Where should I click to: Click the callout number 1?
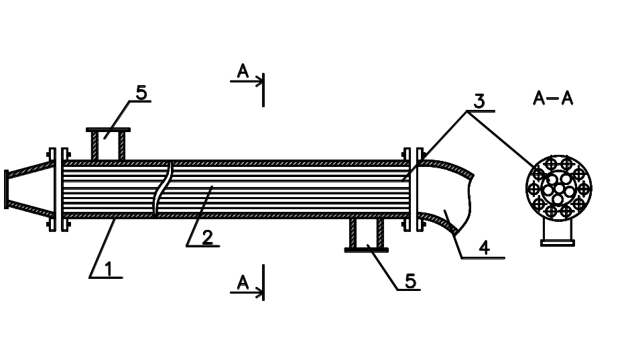click(109, 269)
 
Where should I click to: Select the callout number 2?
click(207, 238)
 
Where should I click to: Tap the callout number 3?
click(479, 101)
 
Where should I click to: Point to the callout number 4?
click(485, 247)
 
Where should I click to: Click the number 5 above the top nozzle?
click(141, 93)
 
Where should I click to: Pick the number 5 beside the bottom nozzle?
click(411, 281)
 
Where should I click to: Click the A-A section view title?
click(553, 98)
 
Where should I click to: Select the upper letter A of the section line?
click(243, 71)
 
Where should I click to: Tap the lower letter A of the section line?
click(243, 283)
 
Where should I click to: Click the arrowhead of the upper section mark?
click(260, 81)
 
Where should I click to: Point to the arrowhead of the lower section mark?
click(260, 293)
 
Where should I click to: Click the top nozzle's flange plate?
click(109, 130)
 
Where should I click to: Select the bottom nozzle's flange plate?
click(366, 249)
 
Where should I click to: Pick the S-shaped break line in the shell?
click(163, 190)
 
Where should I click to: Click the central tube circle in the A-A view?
click(559, 188)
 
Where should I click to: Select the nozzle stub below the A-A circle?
click(558, 233)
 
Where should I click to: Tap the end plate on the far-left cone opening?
click(6, 189)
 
